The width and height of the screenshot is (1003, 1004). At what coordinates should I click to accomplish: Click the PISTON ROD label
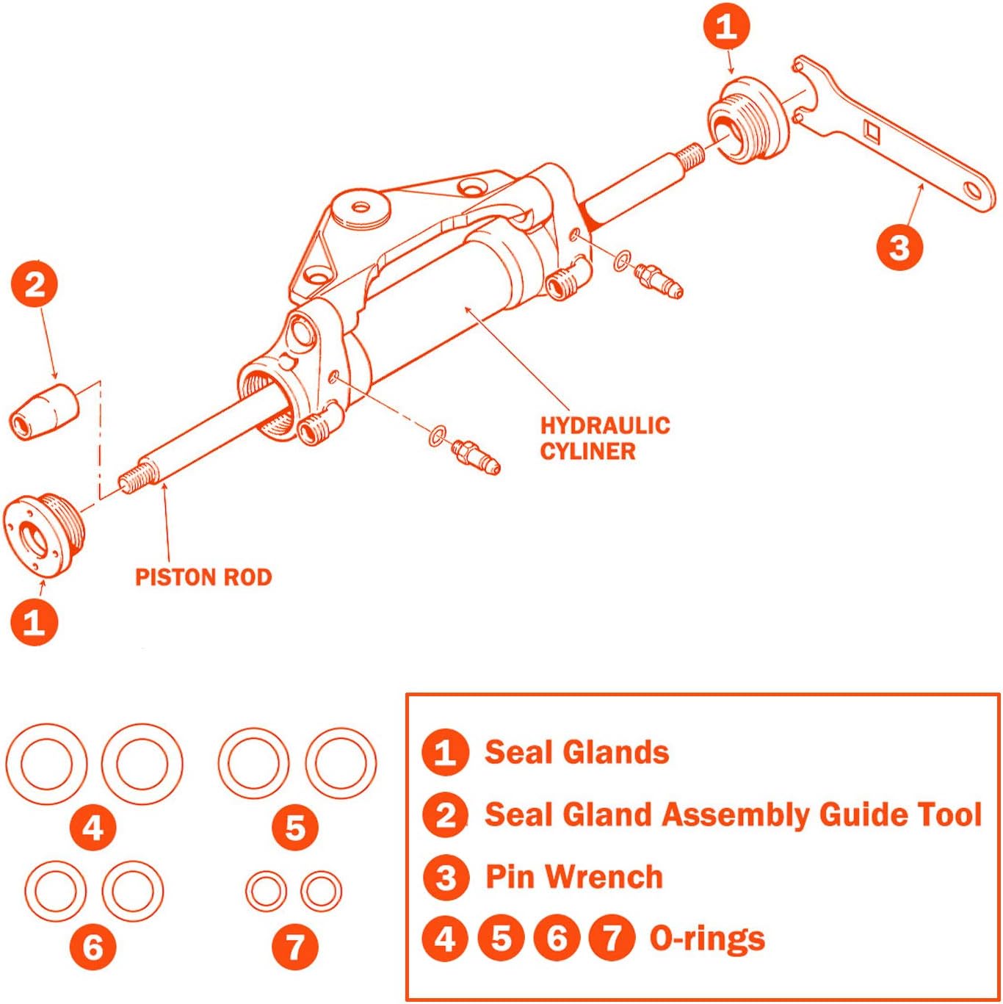pos(203,577)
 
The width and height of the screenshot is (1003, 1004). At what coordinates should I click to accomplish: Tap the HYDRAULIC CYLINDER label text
pos(605,438)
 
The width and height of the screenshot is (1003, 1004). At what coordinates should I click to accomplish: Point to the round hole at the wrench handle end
pos(974,192)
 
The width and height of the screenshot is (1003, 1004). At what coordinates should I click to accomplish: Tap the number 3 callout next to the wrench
pos(899,248)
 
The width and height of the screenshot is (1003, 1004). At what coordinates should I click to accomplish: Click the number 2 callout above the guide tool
pos(35,285)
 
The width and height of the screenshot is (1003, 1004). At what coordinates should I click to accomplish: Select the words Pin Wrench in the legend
pos(574,877)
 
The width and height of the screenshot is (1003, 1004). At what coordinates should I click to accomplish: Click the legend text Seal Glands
pos(576,752)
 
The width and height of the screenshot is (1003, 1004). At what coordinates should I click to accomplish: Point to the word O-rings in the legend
pos(707,939)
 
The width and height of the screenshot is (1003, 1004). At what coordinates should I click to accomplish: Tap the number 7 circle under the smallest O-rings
pos(294,947)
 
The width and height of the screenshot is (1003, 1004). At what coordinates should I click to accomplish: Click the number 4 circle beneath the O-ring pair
pos(93,828)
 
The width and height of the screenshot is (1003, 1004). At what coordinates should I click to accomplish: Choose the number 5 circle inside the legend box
pos(501,939)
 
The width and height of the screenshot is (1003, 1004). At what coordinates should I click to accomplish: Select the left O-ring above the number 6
pos(56,891)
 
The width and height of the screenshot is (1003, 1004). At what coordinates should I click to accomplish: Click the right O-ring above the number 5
pos(341,764)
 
